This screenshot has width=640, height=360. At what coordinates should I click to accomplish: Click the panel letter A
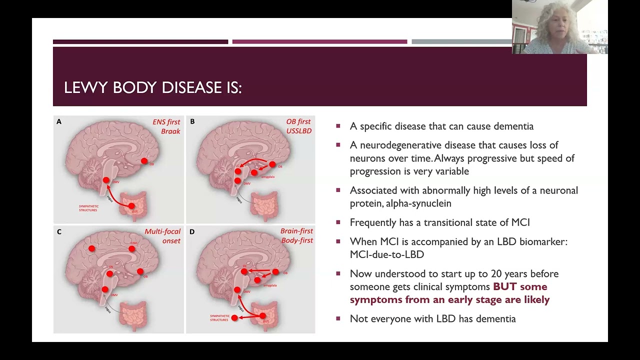click(x=59, y=121)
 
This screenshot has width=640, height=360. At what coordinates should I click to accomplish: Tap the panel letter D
click(x=192, y=231)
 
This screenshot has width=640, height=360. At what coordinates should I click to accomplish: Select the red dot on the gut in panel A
click(x=131, y=206)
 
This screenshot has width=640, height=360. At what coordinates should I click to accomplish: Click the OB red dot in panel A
click(x=144, y=161)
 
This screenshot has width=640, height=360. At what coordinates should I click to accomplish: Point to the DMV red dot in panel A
click(x=106, y=180)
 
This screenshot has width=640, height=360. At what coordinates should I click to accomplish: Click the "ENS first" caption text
click(x=166, y=121)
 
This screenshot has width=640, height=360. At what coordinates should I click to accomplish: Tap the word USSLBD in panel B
click(x=299, y=131)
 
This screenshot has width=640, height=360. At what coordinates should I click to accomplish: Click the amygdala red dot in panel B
click(x=254, y=173)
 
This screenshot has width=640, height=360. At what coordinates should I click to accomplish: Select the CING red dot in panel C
click(x=131, y=248)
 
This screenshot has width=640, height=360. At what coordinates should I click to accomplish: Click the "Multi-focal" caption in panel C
click(x=162, y=231)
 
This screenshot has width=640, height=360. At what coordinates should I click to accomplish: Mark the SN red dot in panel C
click(x=109, y=273)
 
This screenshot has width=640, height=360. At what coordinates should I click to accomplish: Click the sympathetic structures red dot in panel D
click(x=234, y=318)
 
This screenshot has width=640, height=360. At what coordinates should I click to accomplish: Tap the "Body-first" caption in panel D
click(x=296, y=240)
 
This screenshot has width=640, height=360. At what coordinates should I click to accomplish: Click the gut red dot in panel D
click(x=263, y=316)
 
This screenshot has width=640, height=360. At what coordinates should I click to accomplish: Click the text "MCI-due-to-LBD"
click(x=387, y=254)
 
